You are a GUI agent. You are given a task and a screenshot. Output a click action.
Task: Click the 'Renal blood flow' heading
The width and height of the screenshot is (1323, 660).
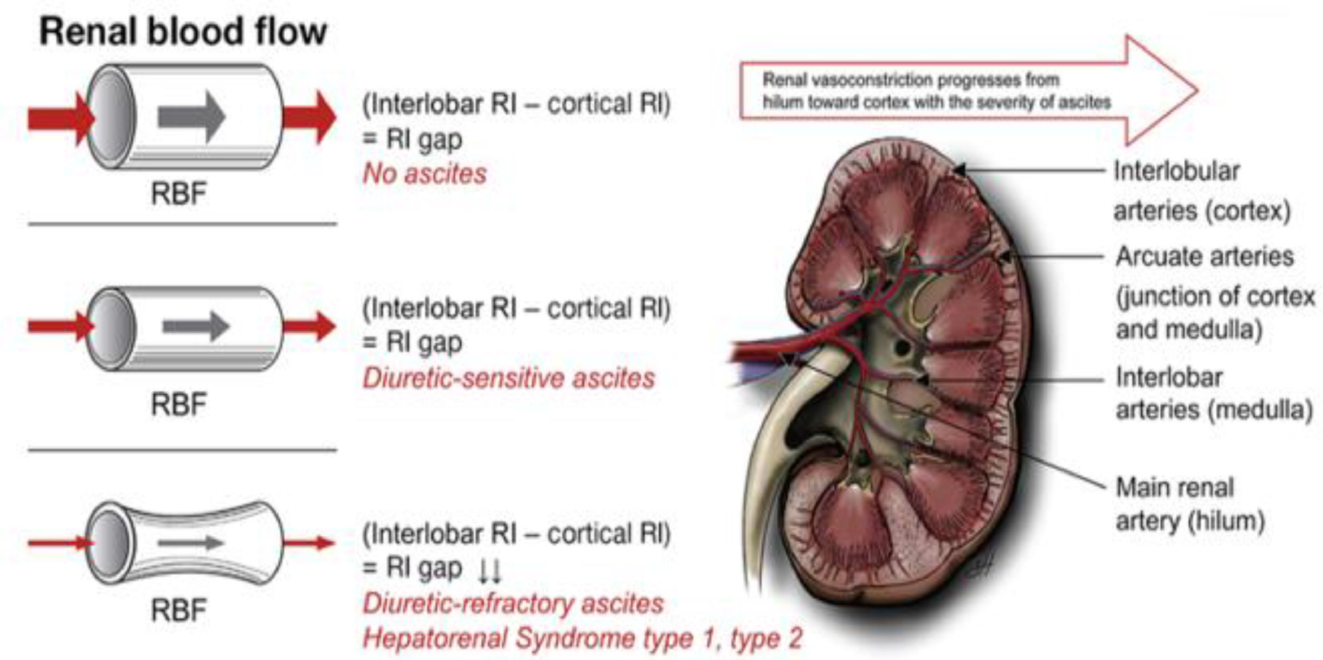(183, 32)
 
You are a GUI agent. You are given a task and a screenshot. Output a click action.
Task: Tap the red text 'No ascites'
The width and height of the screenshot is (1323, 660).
(425, 174)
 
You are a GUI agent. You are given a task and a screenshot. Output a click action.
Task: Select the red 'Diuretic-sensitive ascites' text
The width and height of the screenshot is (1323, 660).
(508, 379)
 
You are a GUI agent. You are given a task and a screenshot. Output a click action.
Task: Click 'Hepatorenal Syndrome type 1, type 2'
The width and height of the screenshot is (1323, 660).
(582, 638)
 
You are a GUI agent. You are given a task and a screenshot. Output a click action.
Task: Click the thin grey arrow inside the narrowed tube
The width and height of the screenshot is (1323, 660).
(190, 543)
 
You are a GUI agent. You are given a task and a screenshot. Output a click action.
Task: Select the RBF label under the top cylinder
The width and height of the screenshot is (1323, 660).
(178, 194)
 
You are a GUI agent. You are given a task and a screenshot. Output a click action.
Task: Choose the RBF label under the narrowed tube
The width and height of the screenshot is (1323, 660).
(178, 610)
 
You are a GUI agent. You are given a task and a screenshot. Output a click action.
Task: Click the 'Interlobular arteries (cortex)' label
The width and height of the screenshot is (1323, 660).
(1202, 191)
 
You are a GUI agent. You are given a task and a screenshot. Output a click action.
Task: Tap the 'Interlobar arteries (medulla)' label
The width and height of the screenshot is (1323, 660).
(1214, 394)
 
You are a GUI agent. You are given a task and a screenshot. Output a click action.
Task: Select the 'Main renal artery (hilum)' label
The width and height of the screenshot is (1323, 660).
(1190, 505)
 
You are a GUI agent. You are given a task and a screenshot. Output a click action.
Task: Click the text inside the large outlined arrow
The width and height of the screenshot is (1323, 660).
(936, 92)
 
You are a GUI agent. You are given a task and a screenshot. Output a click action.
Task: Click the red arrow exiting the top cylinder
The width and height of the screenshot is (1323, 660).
(310, 117)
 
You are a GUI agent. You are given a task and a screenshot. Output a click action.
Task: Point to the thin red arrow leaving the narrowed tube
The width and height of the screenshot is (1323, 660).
(309, 543)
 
